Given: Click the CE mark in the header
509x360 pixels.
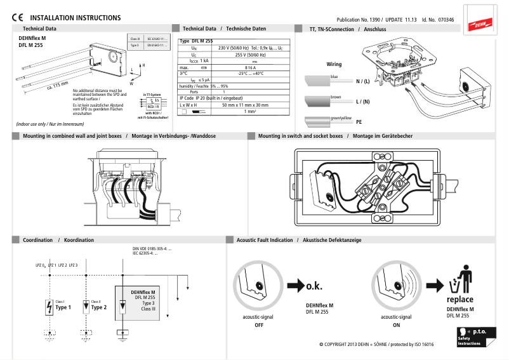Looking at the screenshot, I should [x=18, y=18].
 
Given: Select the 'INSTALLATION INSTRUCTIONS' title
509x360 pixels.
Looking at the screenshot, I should [x=76, y=18].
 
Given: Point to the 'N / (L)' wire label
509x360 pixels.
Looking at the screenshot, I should [x=362, y=81].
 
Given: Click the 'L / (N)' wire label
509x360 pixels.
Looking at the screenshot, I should [x=362, y=102].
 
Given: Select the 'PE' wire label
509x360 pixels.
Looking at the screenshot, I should [x=359, y=121].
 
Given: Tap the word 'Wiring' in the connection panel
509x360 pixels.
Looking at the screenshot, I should [x=334, y=64].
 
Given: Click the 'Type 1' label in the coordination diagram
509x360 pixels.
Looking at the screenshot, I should [x=63, y=307].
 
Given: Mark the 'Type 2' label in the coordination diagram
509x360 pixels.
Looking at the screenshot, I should [x=99, y=307].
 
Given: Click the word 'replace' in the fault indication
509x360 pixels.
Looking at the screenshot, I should [x=460, y=299].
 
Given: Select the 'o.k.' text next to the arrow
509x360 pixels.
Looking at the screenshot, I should [x=314, y=286].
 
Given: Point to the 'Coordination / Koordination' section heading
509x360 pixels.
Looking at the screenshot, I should [x=58, y=240].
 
